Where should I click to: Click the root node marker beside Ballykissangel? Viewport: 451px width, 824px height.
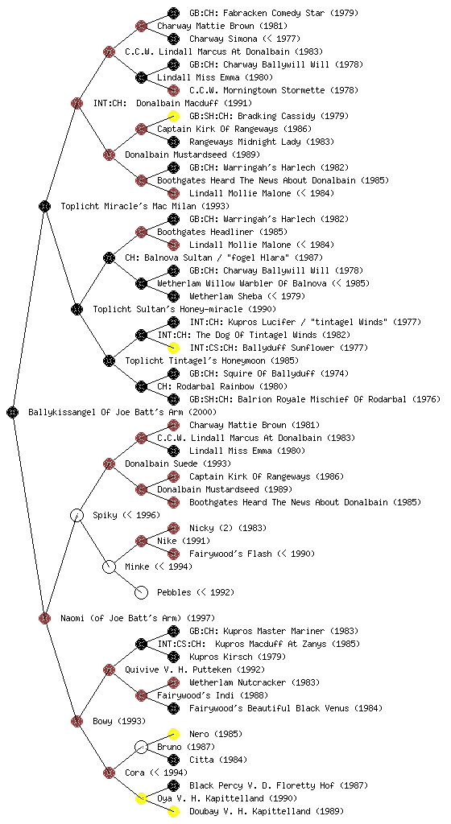click(13, 412)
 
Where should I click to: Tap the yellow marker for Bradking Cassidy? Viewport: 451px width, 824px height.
click(173, 116)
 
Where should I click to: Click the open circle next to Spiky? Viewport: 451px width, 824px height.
click(77, 515)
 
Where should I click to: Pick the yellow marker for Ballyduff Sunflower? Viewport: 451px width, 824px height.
click(173, 348)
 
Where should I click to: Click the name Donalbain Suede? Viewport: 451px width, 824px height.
click(161, 463)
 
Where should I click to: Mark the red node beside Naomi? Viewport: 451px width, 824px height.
click(44, 618)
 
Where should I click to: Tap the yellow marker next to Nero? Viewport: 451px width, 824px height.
click(173, 734)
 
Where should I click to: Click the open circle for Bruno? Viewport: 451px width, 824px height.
click(141, 747)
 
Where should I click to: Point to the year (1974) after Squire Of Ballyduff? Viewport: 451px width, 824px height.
click(335, 373)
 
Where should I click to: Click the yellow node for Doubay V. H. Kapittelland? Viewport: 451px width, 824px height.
click(173, 811)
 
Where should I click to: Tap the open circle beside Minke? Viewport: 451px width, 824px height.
click(109, 566)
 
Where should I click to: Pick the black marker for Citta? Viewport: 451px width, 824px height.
click(173, 760)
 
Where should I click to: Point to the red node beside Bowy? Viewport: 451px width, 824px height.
click(77, 721)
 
